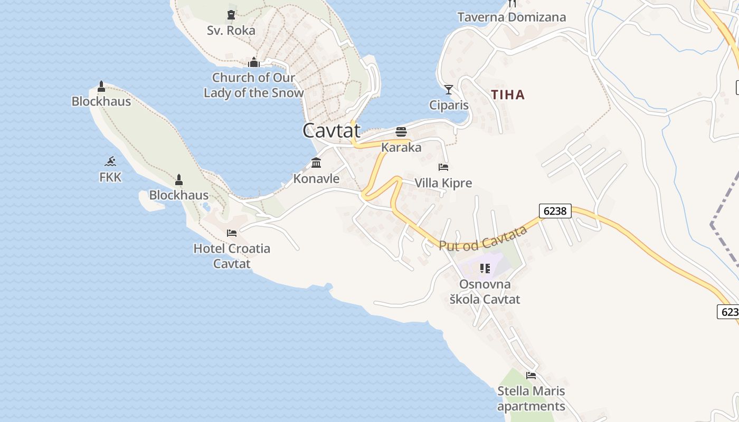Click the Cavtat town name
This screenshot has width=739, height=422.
tap(331, 130)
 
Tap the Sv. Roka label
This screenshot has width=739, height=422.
tap(231, 31)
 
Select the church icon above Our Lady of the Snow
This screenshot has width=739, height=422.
tap(254, 63)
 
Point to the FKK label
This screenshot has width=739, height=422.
tap(110, 177)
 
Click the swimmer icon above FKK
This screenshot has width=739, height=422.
tap(110, 161)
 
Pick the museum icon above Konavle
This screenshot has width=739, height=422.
tap(316, 162)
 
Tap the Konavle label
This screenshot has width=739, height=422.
tap(316, 179)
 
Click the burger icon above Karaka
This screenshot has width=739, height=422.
tap(401, 131)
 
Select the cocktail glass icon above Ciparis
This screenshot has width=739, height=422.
tap(449, 90)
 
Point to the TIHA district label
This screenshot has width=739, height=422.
tap(508, 95)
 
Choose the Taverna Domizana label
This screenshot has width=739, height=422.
tap(511, 17)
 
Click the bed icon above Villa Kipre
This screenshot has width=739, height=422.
tap(443, 167)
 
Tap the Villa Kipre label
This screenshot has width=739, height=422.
tap(443, 183)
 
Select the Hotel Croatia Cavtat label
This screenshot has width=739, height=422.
tap(232, 256)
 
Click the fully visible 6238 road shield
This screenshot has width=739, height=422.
tap(555, 211)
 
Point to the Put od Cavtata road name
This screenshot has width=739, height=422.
tap(483, 238)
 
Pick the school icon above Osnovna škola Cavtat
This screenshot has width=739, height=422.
tap(485, 268)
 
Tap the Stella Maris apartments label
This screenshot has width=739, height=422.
tap(531, 399)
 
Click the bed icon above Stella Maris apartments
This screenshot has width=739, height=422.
tap(531, 376)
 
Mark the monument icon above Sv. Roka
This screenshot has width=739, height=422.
tap(231, 15)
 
